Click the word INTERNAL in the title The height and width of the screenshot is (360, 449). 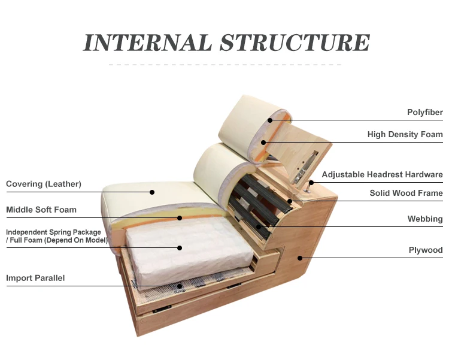pos(147,43)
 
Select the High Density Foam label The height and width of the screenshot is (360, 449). pos(405,135)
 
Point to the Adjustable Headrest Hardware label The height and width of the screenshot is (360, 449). pos(382,175)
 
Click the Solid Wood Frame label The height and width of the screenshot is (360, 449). pos(406,193)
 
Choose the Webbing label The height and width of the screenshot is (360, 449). pos(425,219)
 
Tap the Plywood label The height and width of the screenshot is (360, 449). pos(425,250)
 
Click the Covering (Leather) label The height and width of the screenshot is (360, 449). pos(43,184)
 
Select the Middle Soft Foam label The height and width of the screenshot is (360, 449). pos(41,210)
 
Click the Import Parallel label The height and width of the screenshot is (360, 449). pos(35,278)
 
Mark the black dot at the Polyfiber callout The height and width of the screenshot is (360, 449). pos(270,120)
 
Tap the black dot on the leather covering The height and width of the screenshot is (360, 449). pos(152,192)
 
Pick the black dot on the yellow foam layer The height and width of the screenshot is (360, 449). pos(180,217)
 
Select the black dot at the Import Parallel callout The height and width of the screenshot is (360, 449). pos(180,286)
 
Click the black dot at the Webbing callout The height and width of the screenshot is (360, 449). pos(259,227)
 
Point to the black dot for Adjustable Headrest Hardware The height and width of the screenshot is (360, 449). pos(311,182)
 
